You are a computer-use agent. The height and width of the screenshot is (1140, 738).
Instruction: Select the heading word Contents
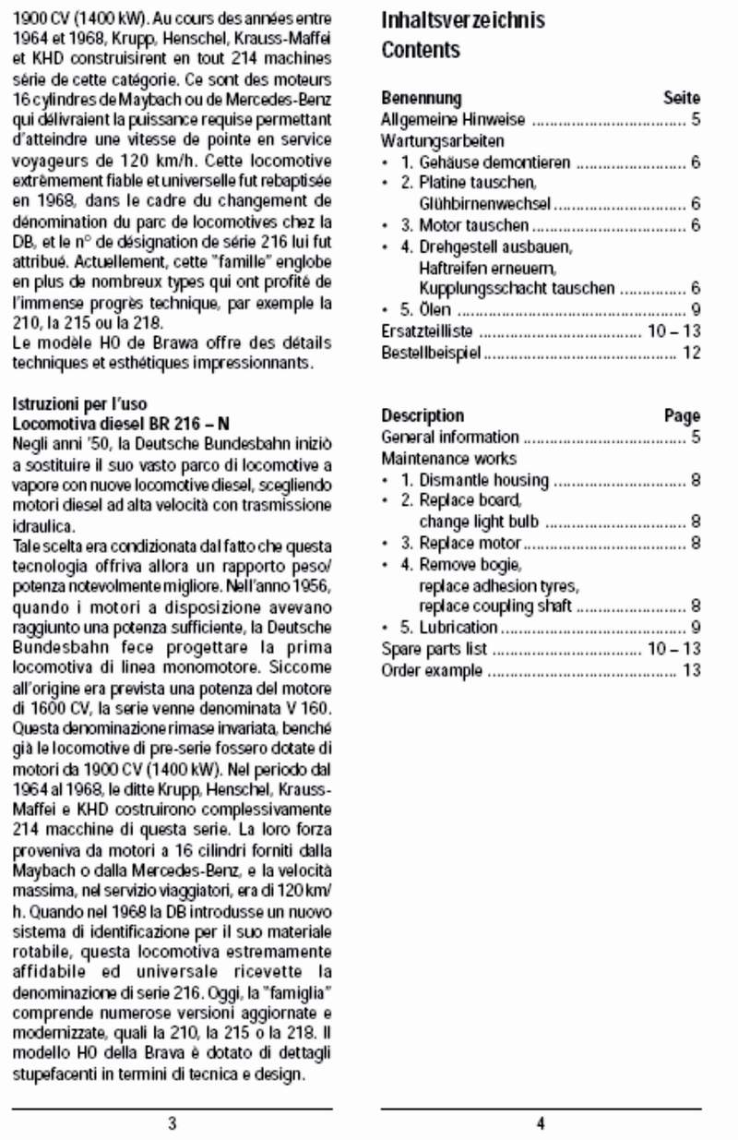[421, 50]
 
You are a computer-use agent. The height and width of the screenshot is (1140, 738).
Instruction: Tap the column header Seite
[682, 98]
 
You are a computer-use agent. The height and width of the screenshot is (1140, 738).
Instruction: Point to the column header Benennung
[422, 98]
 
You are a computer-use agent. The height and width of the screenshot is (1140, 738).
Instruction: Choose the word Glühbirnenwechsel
[485, 204]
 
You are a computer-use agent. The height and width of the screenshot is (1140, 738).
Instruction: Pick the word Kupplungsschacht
[476, 289]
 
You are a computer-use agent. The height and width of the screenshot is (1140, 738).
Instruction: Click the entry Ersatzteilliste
[426, 331]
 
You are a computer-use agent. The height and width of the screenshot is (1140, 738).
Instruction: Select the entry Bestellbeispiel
[431, 353]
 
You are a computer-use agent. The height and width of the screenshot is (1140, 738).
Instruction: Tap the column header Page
[683, 416]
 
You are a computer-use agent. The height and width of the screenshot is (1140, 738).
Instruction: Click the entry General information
[450, 438]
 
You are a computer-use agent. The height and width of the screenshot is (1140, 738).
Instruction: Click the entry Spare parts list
[434, 650]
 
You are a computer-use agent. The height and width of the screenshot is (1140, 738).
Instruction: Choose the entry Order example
[431, 671]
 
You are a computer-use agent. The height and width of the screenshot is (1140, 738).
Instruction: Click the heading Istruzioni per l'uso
[79, 404]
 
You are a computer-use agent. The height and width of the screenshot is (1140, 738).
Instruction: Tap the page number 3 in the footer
[173, 1123]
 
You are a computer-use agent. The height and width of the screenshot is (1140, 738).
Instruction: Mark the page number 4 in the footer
[541, 1123]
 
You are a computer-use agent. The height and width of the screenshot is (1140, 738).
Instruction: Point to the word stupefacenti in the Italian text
[50, 1075]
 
